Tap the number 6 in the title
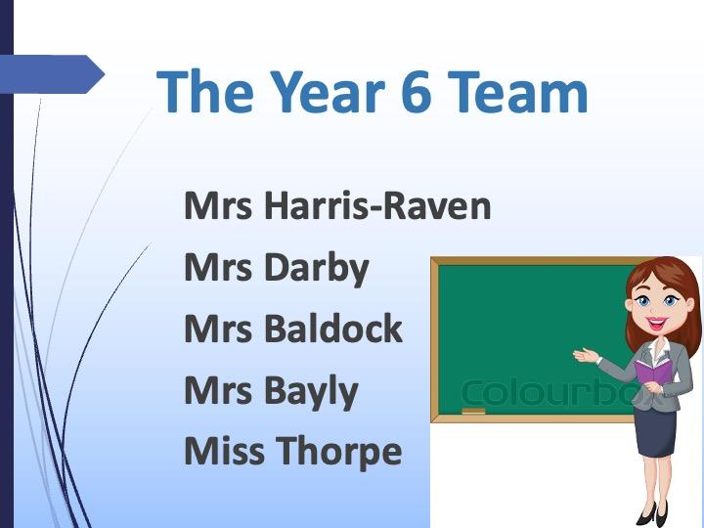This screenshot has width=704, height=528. tap(417, 92)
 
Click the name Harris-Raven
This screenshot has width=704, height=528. tap(377, 206)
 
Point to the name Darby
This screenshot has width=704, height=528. tap(317, 269)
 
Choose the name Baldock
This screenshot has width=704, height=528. tap(333, 329)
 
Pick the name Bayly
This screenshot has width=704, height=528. tap(311, 391)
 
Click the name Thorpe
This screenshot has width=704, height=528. tap(338, 452)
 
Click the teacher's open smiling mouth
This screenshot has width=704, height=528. tap(656, 323)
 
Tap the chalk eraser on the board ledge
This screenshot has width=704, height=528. tap(473, 411)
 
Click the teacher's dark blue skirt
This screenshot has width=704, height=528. tap(654, 432)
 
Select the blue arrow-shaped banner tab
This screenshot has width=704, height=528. tap(52, 74)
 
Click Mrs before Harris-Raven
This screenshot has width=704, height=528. tap(218, 206)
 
